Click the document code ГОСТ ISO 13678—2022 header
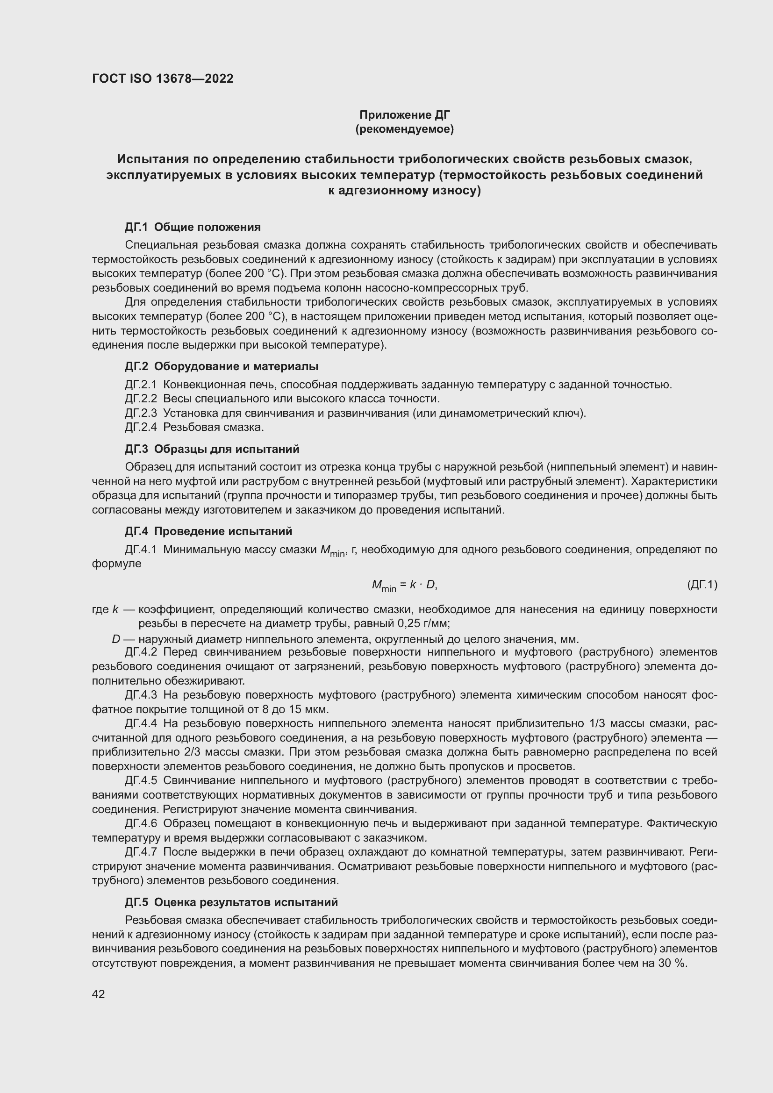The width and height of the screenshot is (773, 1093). pyautogui.click(x=163, y=79)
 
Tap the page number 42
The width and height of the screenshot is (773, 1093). pyautogui.click(x=99, y=994)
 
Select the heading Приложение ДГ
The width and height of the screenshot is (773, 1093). pyautogui.click(x=405, y=115)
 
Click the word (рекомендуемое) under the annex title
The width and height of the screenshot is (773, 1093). pyautogui.click(x=405, y=129)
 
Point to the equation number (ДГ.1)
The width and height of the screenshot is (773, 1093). pyautogui.click(x=702, y=585)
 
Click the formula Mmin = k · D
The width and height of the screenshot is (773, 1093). pyautogui.click(x=404, y=585)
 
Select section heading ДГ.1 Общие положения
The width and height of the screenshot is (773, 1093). pyautogui.click(x=193, y=227)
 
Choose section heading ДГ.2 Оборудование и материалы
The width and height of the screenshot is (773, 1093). pyautogui.click(x=222, y=366)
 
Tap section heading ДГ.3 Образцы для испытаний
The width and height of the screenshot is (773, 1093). pyautogui.click(x=212, y=449)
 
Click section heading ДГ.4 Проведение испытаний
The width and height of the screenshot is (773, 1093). pyautogui.click(x=208, y=531)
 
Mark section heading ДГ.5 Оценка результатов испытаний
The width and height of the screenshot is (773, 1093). pyautogui.click(x=231, y=902)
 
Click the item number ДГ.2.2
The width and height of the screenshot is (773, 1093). pyautogui.click(x=141, y=399)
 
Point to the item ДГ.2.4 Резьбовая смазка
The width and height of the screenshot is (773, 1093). pyautogui.click(x=194, y=427)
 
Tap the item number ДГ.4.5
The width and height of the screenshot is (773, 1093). pyautogui.click(x=141, y=781)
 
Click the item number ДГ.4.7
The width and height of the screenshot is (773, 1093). pyautogui.click(x=141, y=852)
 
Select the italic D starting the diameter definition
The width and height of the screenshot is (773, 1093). pyautogui.click(x=115, y=639)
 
